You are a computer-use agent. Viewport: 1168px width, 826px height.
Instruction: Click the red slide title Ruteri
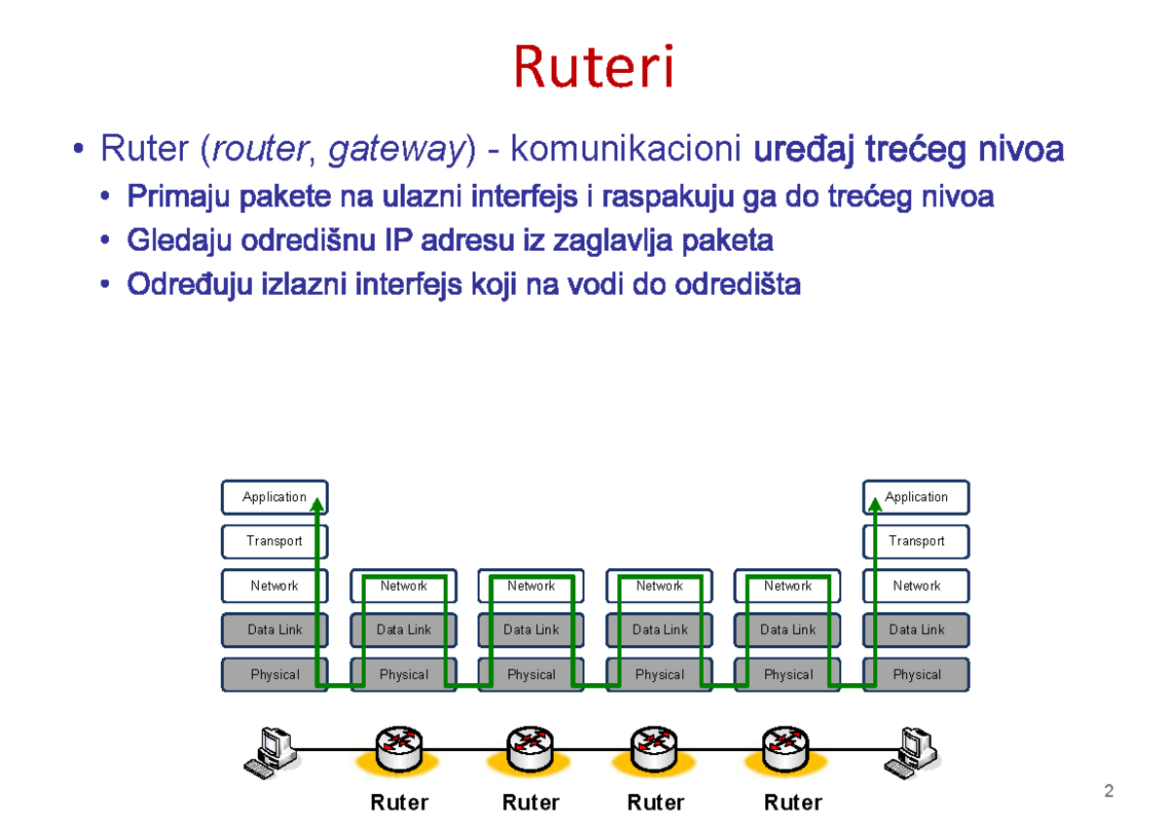point(593,66)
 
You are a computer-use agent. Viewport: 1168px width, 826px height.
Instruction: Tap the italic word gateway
point(395,150)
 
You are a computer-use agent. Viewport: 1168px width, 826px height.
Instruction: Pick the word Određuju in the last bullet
point(189,284)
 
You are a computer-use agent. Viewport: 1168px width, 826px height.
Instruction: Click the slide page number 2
point(1109,790)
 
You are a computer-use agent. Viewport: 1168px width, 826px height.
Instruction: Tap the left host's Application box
point(274,497)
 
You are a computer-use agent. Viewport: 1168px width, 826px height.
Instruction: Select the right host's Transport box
point(916,541)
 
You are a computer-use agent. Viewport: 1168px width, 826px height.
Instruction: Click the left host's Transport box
point(274,541)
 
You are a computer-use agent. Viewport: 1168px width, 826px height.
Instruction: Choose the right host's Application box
point(916,497)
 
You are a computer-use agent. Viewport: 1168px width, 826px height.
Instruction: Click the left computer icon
point(268,751)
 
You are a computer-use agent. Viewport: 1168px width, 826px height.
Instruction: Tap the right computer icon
point(911,751)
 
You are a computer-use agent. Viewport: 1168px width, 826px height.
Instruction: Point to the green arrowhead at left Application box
point(317,502)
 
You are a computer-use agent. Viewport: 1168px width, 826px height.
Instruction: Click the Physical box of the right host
point(916,674)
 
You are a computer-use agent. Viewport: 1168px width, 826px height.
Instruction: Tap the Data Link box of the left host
point(274,629)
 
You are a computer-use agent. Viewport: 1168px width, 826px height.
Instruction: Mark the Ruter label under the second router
point(530,803)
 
